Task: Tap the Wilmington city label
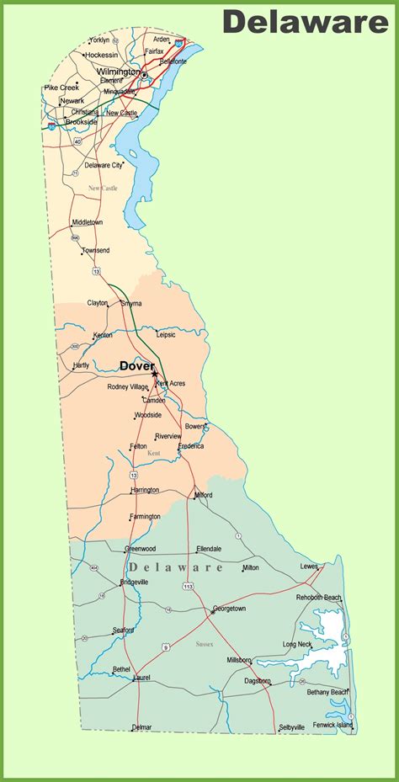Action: (x=117, y=72)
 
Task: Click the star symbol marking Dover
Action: (x=155, y=375)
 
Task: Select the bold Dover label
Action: (x=136, y=365)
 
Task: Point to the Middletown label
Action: (x=87, y=222)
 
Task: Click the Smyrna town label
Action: (x=130, y=303)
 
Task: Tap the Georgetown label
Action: (x=229, y=608)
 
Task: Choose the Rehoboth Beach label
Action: (x=319, y=598)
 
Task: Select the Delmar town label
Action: (x=142, y=727)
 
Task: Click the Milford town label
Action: (x=203, y=495)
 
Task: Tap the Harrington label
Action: (x=145, y=490)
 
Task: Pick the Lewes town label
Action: (x=309, y=567)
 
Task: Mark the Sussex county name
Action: (x=205, y=644)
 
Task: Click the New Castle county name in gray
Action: (x=103, y=188)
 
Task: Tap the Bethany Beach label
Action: (x=327, y=692)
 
